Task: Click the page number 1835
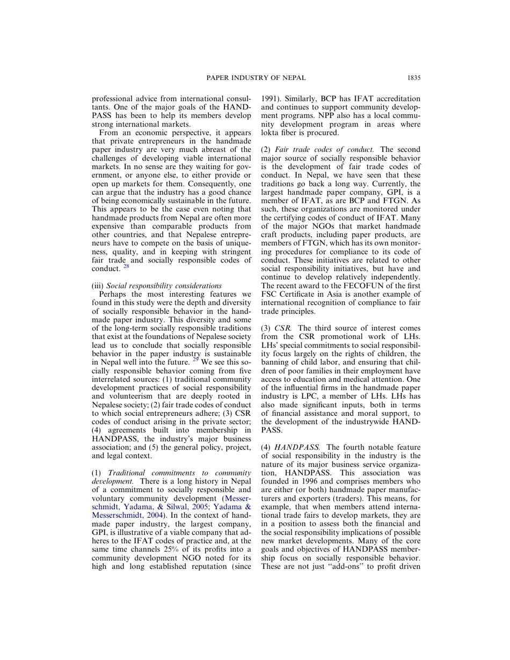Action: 413,78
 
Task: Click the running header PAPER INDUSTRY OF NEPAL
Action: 256,78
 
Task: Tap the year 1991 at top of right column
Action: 270,99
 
